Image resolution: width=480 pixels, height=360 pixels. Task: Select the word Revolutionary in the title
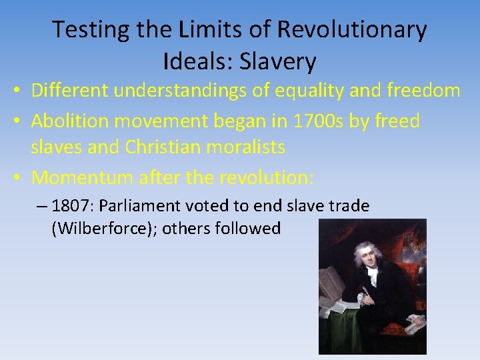coord(351,30)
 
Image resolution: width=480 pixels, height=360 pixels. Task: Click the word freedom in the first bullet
coord(413,90)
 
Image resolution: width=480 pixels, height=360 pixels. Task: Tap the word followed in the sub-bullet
coord(251,228)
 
